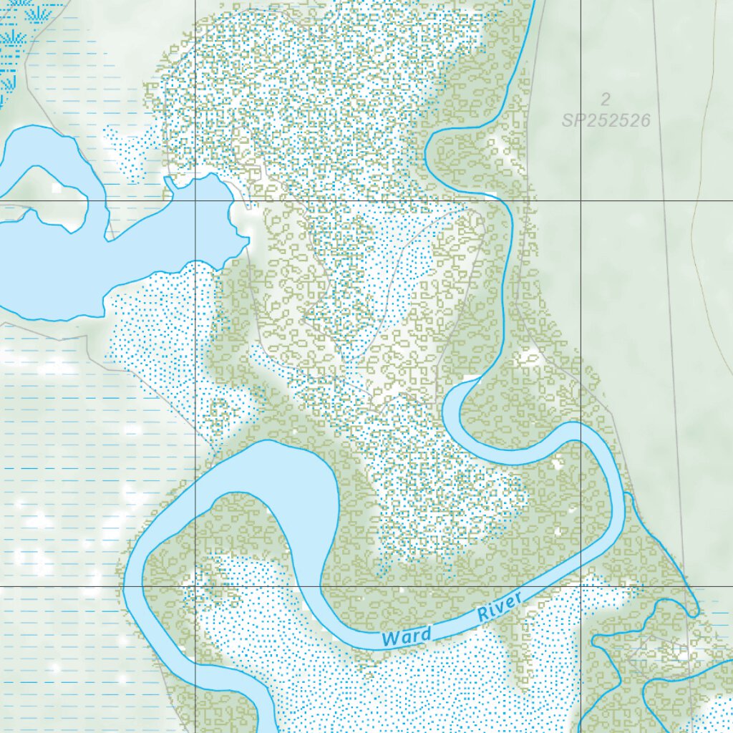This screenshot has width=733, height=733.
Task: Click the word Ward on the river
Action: tap(407, 635)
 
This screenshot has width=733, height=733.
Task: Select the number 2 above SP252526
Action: tap(606, 99)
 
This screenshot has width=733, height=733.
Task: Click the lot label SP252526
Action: tap(606, 120)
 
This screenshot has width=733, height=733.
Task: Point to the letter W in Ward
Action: tap(390, 638)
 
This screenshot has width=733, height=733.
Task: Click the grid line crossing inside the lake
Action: tap(195, 201)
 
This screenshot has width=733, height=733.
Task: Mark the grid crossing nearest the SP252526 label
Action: tap(581, 201)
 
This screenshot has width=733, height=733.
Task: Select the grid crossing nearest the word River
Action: tap(581, 586)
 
